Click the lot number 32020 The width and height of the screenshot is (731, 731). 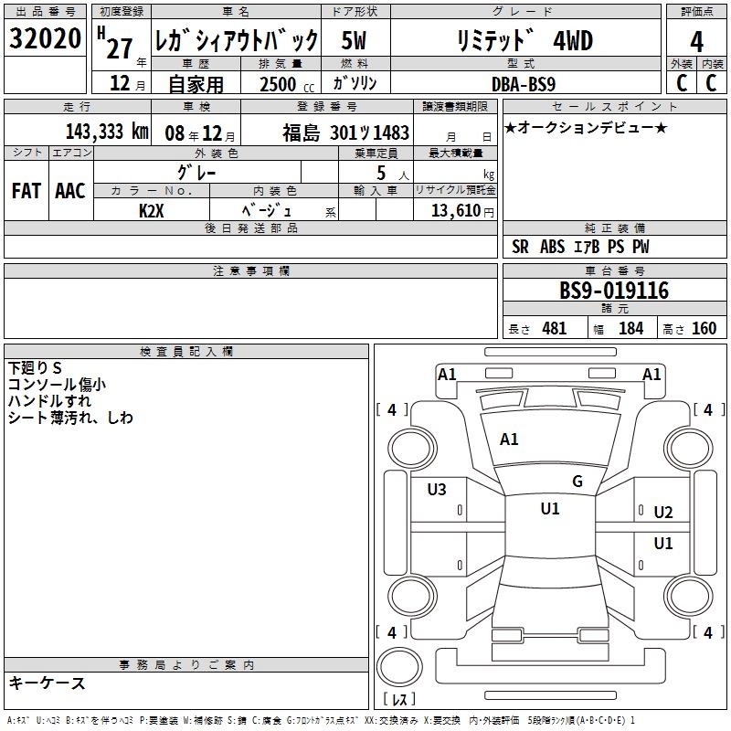pos(45,38)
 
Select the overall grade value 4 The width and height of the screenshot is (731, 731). pos(696,42)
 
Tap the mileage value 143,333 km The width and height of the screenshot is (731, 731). pos(107,132)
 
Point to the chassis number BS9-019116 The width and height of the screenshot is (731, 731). pos(614,291)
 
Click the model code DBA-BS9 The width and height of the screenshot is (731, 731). pos(524,84)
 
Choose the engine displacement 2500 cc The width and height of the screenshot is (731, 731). pos(287,84)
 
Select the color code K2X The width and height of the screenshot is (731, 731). pos(152,211)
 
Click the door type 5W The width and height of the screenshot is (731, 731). pos(354,40)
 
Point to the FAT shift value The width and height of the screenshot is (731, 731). pos(26,191)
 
